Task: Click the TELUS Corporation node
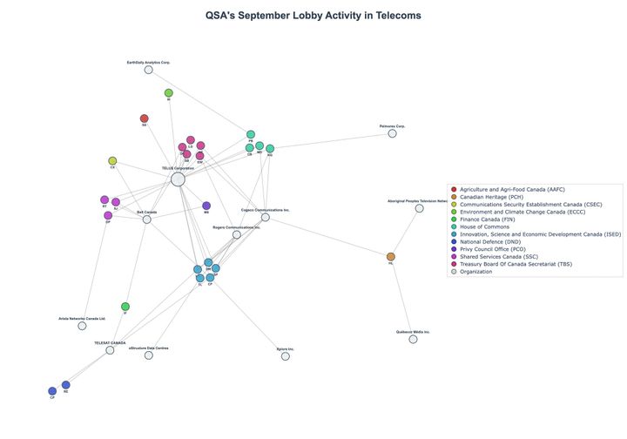[178, 179]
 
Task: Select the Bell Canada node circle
[146, 219]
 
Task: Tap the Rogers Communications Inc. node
[236, 234]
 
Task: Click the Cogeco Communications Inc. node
[266, 217]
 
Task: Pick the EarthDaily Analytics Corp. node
[148, 70]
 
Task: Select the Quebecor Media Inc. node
[413, 339]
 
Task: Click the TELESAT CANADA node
[110, 350]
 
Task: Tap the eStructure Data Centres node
[148, 355]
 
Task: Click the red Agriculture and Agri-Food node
[144, 118]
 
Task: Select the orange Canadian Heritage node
[390, 257]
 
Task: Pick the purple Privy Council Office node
[206, 206]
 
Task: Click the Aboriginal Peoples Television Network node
[419, 208]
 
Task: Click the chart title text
[313, 16]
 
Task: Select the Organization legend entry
[475, 272]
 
